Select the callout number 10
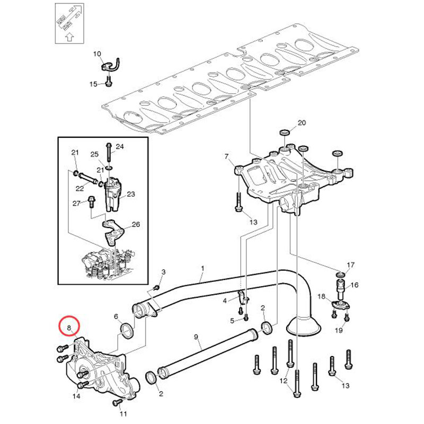[97, 54]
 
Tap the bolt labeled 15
[109, 82]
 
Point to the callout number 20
[302, 123]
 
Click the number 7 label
[227, 156]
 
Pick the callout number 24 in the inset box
[120, 146]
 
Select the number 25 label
[95, 154]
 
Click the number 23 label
[131, 194]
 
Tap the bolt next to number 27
[91, 202]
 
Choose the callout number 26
[136, 224]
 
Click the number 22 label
[79, 189]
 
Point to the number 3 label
[163, 272]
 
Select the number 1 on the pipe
[202, 269]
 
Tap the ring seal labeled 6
[127, 330]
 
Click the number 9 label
[196, 337]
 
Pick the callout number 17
[350, 264]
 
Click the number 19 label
[339, 330]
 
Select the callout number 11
[123, 414]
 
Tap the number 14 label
[76, 396]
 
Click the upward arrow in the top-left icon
[70, 37]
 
